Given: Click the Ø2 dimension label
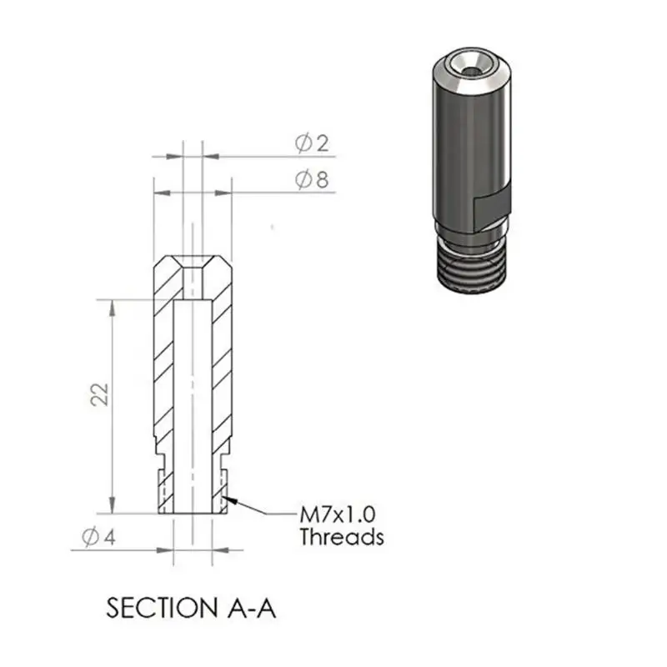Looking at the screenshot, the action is (x=312, y=143).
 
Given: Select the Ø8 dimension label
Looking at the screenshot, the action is (x=312, y=179).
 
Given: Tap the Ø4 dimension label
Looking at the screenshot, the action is (x=98, y=537).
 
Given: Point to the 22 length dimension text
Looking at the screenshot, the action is (x=100, y=394).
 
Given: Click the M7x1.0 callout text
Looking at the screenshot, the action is (x=338, y=514).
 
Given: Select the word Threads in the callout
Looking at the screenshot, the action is (x=342, y=537).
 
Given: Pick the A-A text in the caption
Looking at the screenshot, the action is (x=252, y=608).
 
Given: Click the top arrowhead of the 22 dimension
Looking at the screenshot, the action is (x=112, y=308).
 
